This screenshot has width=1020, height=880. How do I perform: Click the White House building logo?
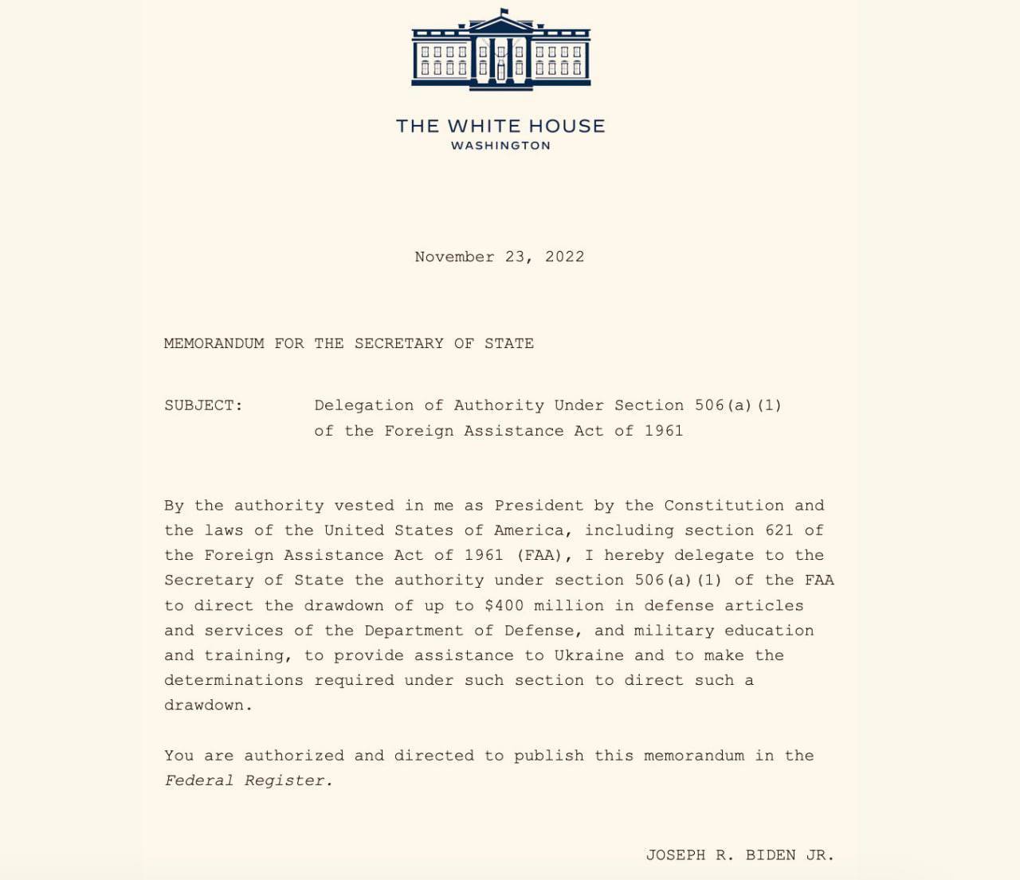(x=500, y=49)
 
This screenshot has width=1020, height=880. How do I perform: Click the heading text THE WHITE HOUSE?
(x=500, y=126)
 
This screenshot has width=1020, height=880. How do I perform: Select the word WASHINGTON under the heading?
(x=500, y=146)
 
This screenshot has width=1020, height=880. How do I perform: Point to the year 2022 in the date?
(x=564, y=256)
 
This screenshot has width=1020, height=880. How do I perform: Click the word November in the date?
(x=454, y=256)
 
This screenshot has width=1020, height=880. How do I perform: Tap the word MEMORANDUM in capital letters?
(x=214, y=343)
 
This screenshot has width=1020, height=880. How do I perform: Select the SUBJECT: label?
(x=203, y=405)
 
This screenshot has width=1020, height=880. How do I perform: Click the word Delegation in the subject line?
(x=363, y=405)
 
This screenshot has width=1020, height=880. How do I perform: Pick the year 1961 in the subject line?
(x=664, y=431)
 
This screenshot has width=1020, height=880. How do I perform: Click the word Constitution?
(x=724, y=506)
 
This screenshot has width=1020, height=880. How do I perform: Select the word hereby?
(x=634, y=555)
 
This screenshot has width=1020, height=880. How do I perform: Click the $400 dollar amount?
(x=504, y=605)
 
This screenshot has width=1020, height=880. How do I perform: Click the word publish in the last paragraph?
(x=548, y=756)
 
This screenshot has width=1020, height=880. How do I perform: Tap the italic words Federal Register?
(x=248, y=780)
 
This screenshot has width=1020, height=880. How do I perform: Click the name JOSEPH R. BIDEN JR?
(x=739, y=855)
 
